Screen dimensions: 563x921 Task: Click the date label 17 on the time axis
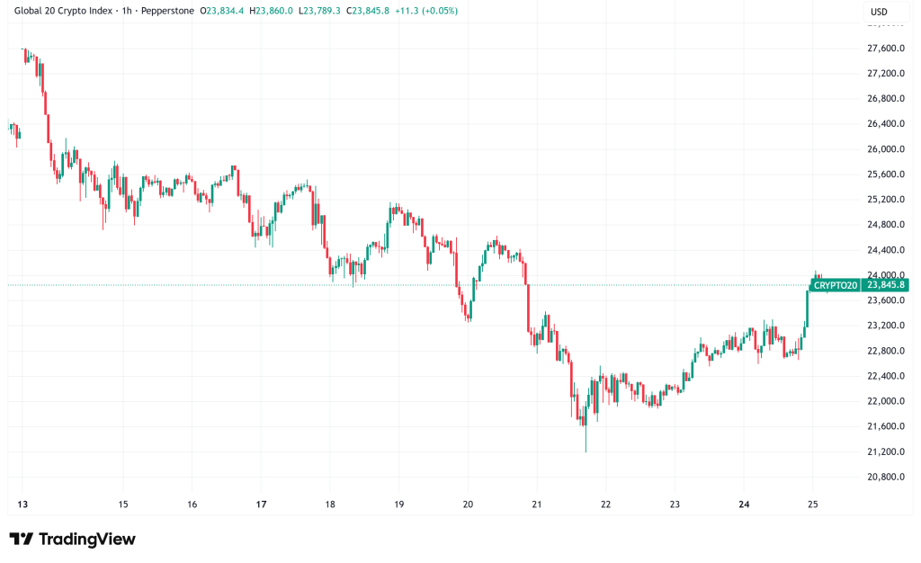point(261,505)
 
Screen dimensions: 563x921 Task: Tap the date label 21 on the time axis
point(536,505)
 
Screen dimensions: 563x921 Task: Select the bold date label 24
point(743,505)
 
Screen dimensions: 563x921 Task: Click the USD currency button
point(878,12)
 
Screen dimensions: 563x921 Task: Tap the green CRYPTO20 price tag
point(836,285)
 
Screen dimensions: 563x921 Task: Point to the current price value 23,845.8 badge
point(885,285)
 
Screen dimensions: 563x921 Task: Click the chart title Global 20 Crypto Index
point(64,12)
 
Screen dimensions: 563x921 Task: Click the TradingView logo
point(73,539)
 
